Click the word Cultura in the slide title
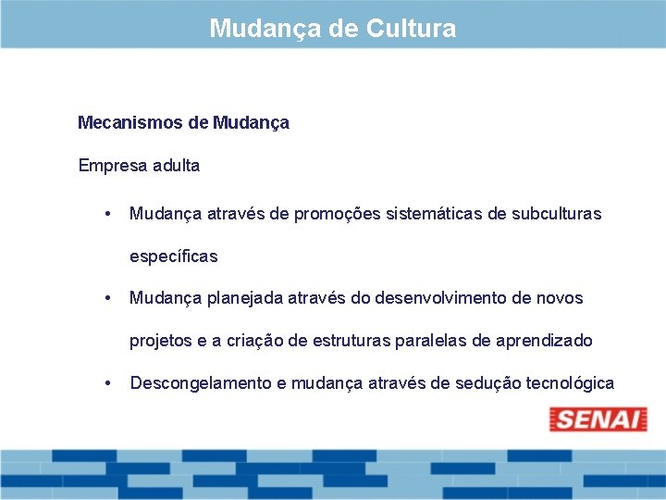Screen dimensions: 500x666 tap(411, 29)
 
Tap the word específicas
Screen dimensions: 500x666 tap(173, 256)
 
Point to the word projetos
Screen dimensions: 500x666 tap(161, 341)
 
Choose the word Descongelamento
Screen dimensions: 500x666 tap(201, 383)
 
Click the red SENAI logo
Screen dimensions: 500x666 tap(598, 419)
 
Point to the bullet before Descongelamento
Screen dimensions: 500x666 tap(109, 383)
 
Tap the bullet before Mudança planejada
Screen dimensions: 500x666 tap(109, 298)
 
